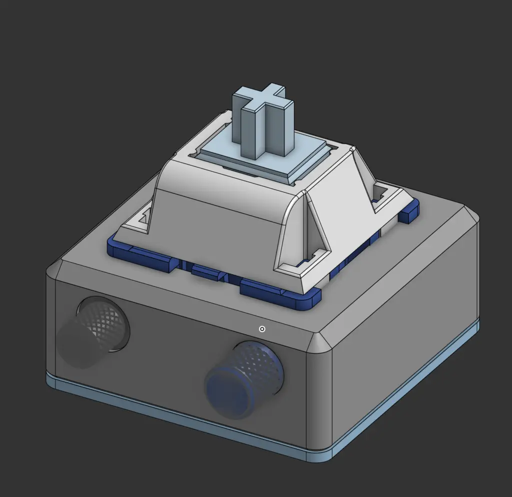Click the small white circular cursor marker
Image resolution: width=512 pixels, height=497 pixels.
point(261,329)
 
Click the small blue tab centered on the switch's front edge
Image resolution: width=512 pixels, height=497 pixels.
point(207,272)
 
